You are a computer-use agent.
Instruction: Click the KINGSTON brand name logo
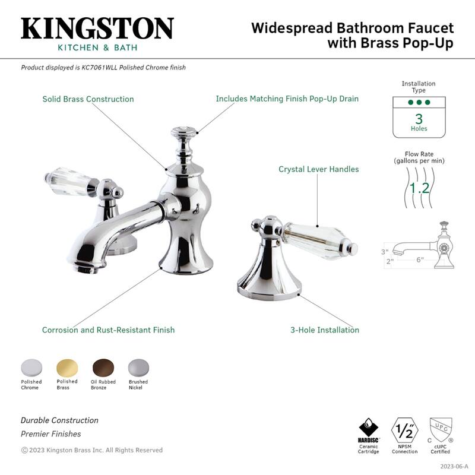coord(97,28)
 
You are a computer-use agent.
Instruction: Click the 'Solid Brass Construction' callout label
coord(88,99)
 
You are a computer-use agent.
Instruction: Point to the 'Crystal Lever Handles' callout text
coord(319,169)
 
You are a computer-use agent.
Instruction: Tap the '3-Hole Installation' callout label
coord(325,330)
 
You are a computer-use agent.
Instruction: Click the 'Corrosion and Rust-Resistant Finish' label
coord(108,330)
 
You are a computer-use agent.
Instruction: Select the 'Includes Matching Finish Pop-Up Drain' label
coord(287,99)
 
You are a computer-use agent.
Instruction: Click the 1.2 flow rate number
coord(419,188)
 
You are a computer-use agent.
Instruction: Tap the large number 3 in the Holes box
coord(419,118)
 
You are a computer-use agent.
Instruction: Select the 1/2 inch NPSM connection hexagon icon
coord(404,429)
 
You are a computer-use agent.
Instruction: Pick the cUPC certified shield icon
coord(440,429)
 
